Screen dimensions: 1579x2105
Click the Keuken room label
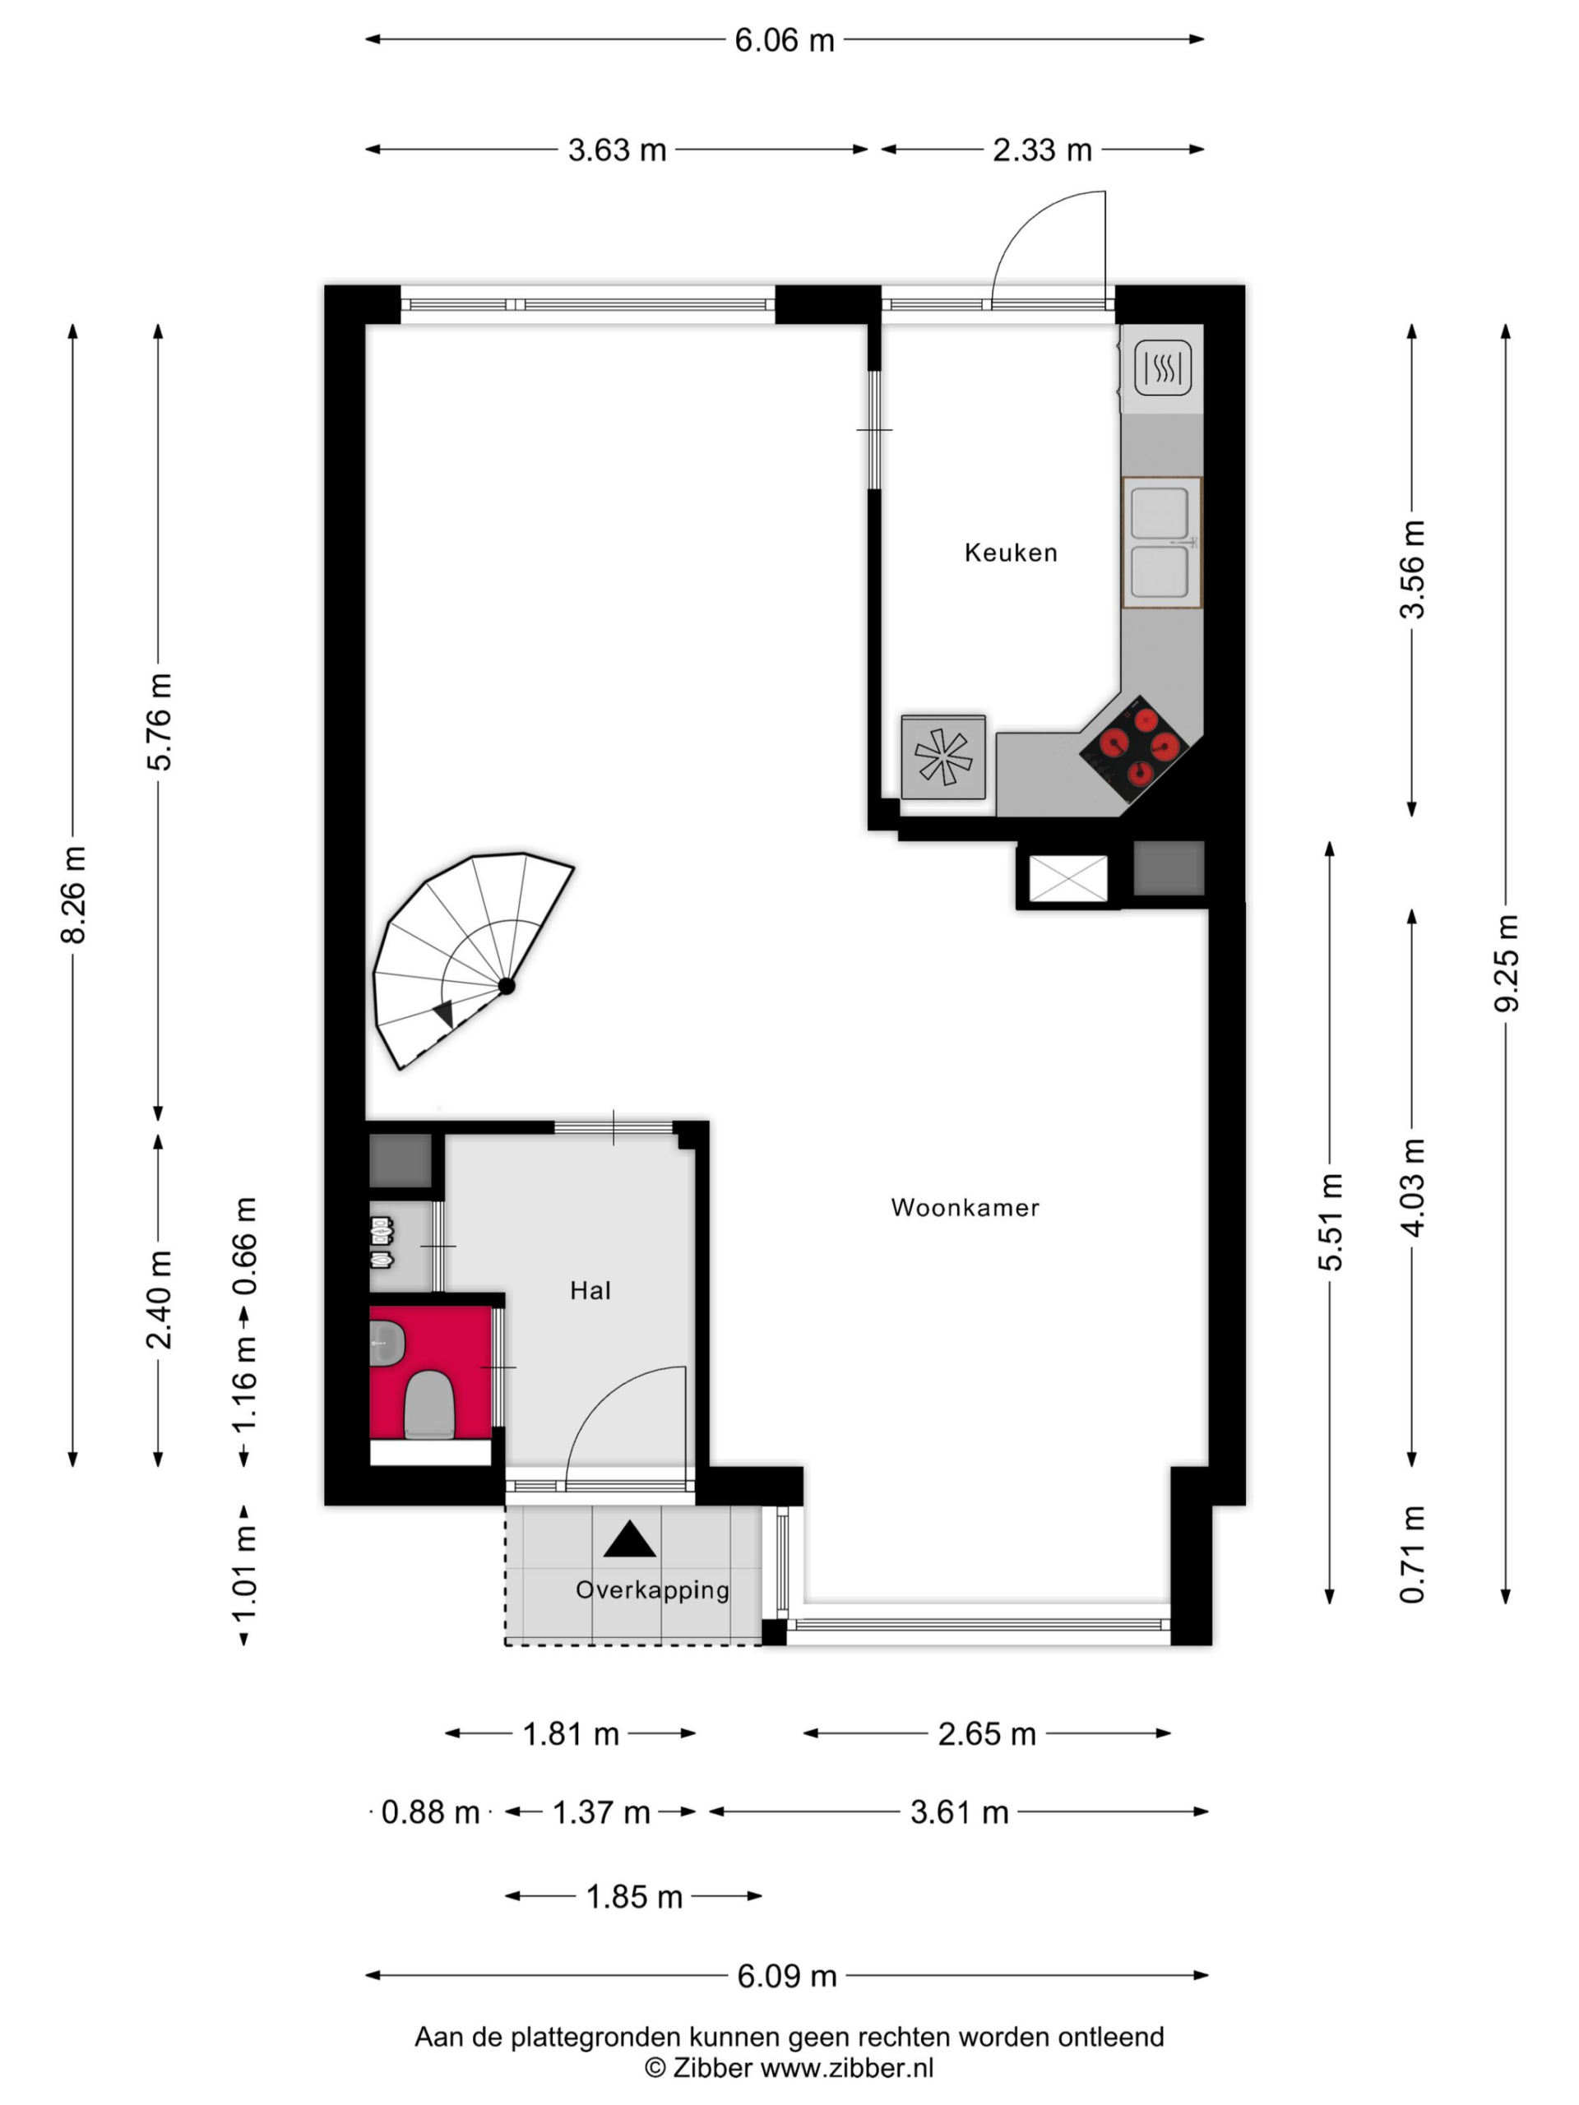1010,553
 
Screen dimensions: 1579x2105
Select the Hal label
590,1290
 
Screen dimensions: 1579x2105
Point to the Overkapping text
653,1590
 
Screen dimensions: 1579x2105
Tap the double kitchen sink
1161,543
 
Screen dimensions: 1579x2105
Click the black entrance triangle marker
630,1538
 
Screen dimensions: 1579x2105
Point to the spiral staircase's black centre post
507,986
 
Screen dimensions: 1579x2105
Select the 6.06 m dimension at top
785,40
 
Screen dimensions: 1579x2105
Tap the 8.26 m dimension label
73,895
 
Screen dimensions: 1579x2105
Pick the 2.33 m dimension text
1042,150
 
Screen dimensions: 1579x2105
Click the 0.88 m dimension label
430,1812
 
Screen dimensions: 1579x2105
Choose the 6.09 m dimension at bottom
787,1976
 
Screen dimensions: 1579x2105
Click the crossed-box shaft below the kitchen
1069,877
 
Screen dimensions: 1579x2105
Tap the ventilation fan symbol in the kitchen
943,756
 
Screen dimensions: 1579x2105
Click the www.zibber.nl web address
847,2067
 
